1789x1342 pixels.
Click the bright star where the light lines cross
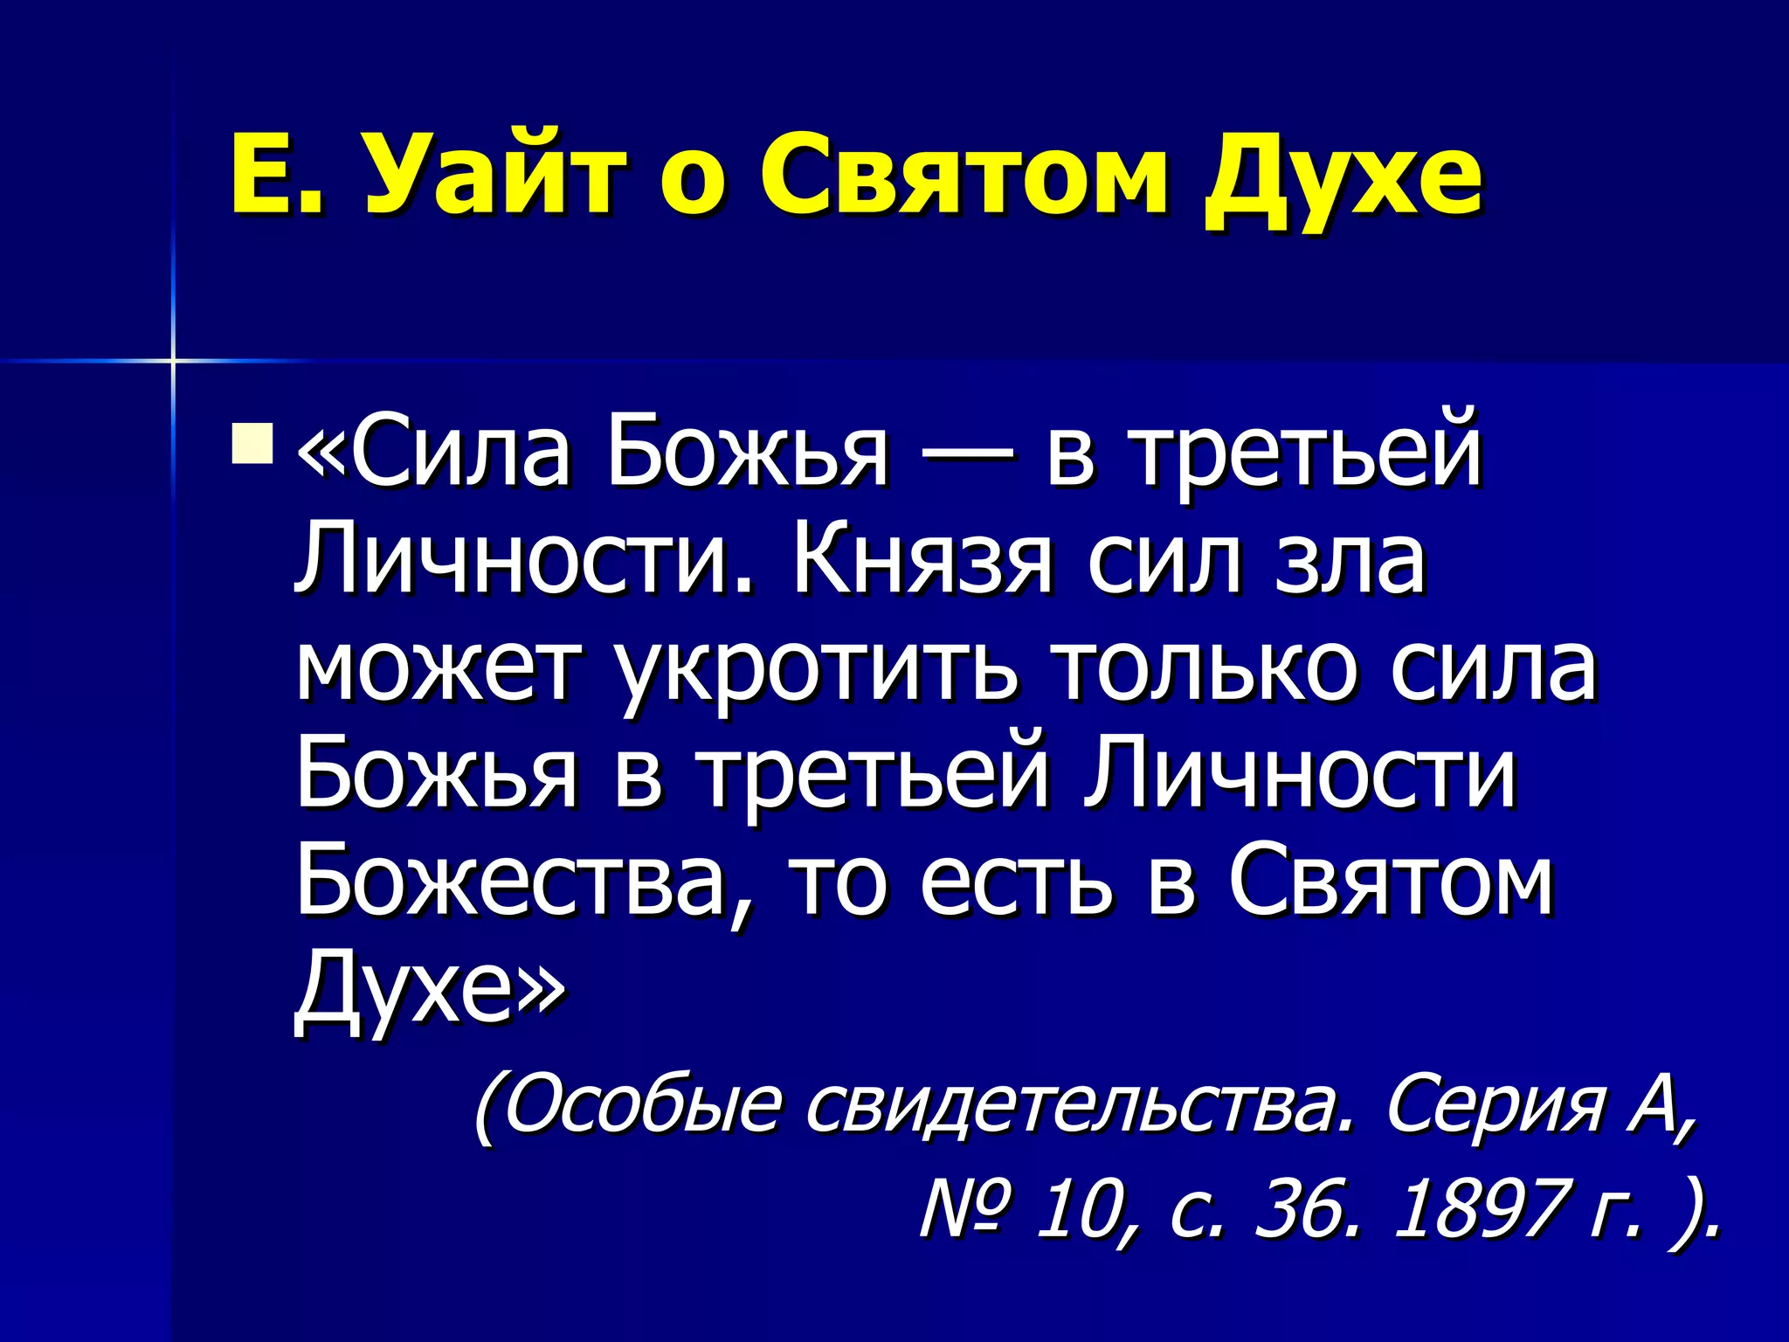click(173, 360)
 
